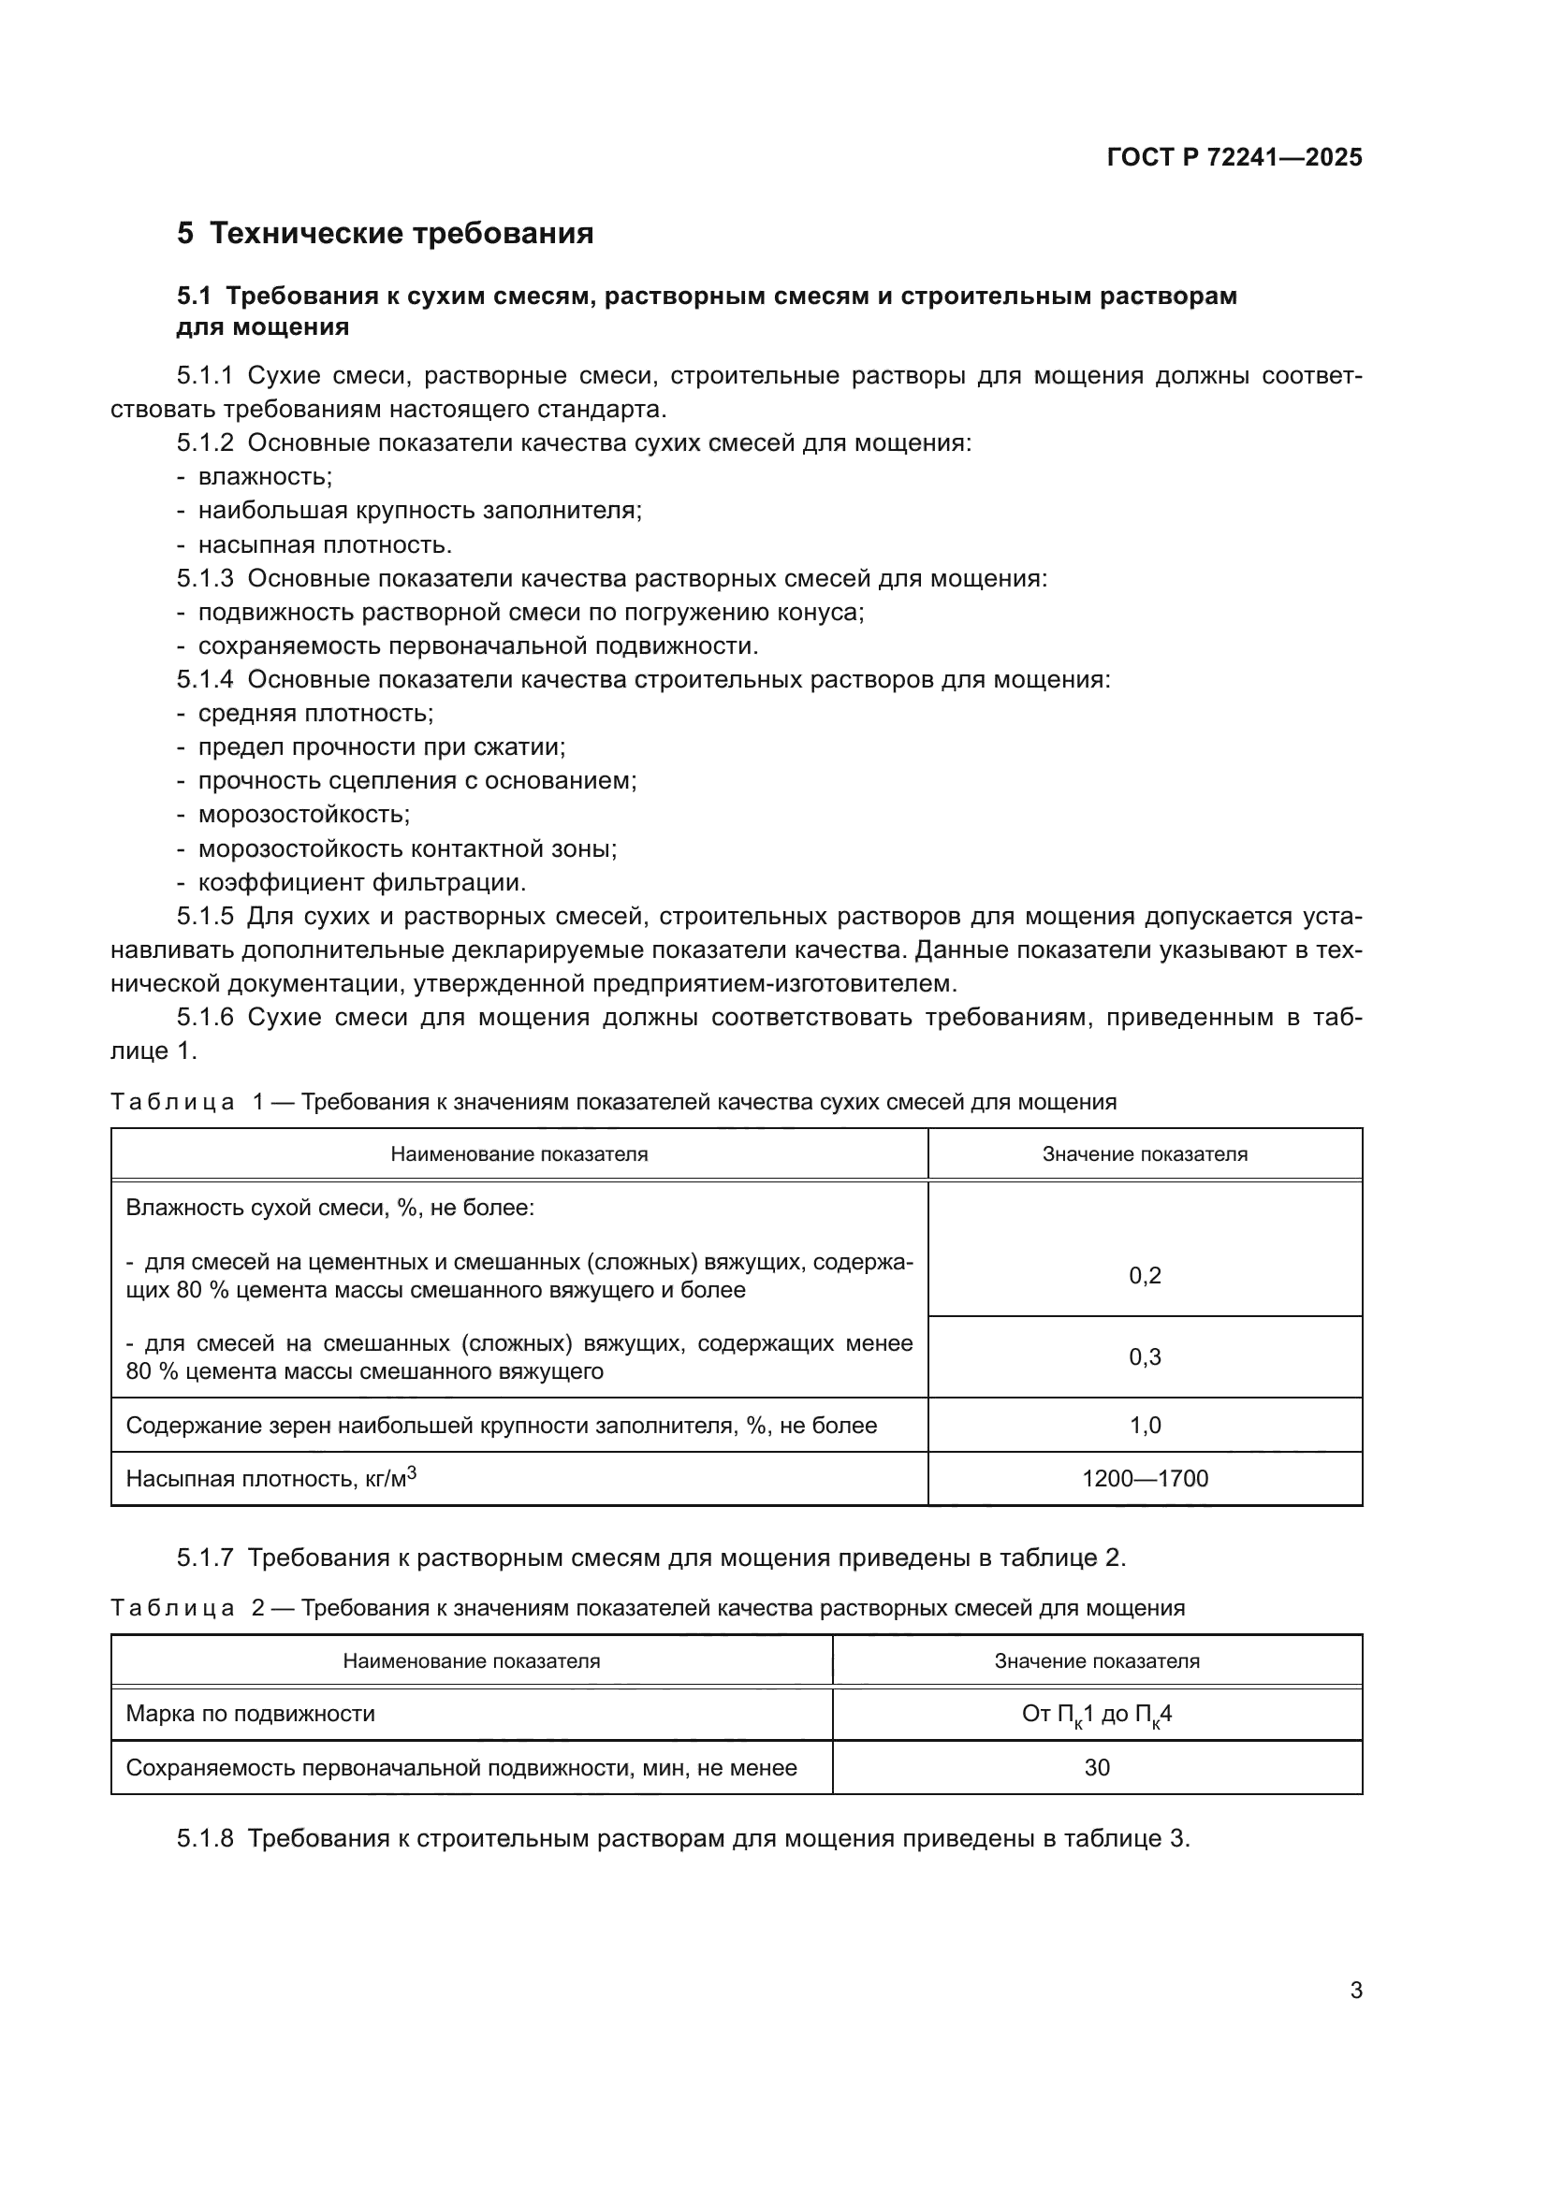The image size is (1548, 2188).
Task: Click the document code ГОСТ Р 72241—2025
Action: coord(1234,157)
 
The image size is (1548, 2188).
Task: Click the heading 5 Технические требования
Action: coord(385,234)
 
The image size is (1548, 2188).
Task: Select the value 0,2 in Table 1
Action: coord(1145,1276)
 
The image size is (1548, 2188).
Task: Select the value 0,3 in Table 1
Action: coord(1145,1357)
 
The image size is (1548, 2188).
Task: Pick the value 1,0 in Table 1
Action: coord(1145,1426)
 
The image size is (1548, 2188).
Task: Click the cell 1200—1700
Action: coord(1145,1479)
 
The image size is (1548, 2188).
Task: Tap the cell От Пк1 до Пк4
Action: coord(1096,1715)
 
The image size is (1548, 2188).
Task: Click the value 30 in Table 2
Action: coord(1096,1768)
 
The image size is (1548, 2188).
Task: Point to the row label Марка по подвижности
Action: coord(251,1715)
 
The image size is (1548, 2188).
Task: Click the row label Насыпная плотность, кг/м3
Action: coord(271,1479)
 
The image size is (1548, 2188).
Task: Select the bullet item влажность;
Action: coord(265,476)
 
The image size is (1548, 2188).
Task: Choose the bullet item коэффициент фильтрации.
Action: coord(362,882)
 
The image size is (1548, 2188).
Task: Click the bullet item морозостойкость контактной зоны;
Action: coord(407,848)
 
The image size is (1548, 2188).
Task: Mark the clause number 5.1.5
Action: coord(205,917)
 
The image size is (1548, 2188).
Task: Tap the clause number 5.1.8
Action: coord(205,1838)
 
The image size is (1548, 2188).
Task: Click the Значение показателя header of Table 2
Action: coord(1096,1661)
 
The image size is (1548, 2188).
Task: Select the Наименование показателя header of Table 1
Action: coord(518,1154)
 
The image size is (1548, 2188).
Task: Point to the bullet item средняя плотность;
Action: coord(315,713)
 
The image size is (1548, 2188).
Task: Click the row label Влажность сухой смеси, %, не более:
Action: coord(329,1209)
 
